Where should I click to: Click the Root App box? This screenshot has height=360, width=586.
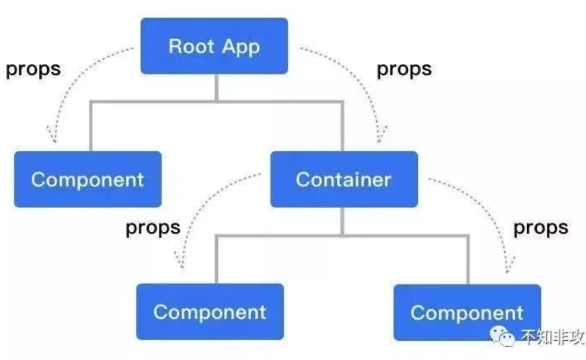point(214,46)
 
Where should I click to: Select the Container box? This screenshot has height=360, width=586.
point(343,179)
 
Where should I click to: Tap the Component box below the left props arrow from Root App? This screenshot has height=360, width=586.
point(87,179)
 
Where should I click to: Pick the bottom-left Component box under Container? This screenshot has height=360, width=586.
point(209,312)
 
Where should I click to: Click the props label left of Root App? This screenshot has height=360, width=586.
point(33,68)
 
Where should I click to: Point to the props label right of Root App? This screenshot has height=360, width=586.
point(404,68)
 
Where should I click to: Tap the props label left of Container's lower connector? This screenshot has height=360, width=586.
point(153,227)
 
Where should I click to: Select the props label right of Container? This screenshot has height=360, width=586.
point(541,227)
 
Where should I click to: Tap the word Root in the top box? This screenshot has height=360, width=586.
point(189,46)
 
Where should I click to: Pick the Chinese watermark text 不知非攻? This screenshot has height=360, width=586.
point(547,337)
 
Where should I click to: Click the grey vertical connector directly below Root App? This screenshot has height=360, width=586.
point(217,87)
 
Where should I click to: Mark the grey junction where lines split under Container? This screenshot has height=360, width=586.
point(342,236)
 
